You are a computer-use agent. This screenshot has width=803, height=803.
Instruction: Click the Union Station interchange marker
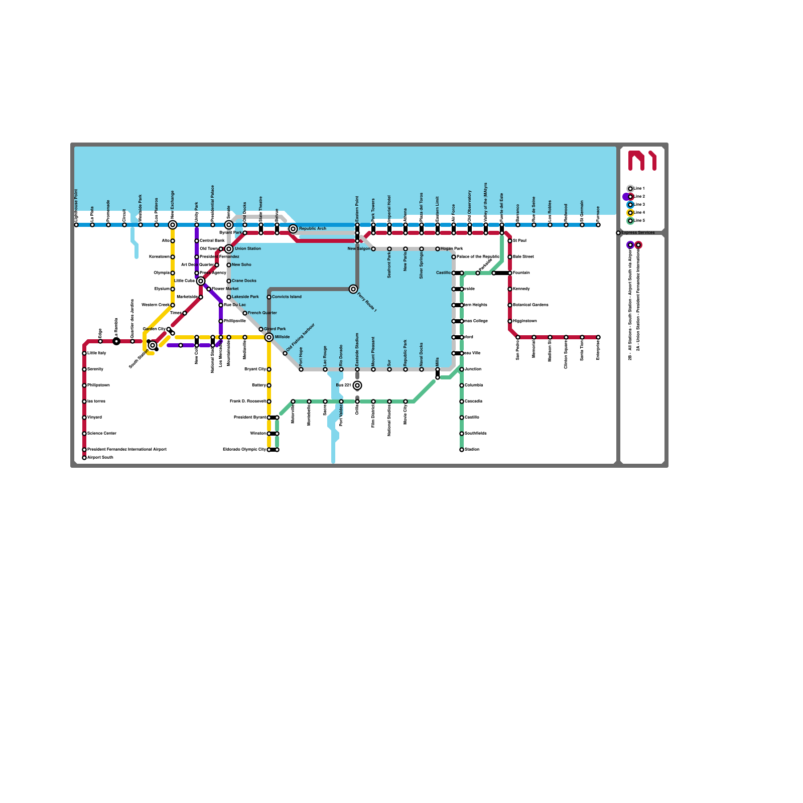pyautogui.click(x=229, y=249)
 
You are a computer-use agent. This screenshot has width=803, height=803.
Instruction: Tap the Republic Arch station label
pyautogui.click(x=312, y=229)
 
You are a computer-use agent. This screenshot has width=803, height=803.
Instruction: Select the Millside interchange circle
pyautogui.click(x=269, y=337)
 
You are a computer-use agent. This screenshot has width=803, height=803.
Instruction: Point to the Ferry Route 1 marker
pyautogui.click(x=353, y=289)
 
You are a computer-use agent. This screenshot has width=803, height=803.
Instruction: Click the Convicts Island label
pyautogui.click(x=287, y=297)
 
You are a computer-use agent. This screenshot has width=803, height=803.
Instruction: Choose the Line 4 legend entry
pyautogui.click(x=639, y=213)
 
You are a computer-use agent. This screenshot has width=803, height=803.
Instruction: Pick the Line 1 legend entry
pyautogui.click(x=639, y=189)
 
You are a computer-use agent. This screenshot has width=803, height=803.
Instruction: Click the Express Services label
pyautogui.click(x=638, y=233)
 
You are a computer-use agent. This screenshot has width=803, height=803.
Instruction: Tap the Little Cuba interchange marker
pyautogui.click(x=201, y=281)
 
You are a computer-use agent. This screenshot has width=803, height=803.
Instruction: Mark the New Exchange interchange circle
pyautogui.click(x=173, y=225)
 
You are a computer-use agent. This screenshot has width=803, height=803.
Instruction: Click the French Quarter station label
pyautogui.click(x=262, y=313)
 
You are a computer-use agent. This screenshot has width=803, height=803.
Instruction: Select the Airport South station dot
pyautogui.click(x=84, y=458)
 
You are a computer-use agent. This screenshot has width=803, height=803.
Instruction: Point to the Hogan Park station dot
pyautogui.click(x=438, y=249)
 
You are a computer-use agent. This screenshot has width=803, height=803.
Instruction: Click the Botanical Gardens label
pyautogui.click(x=530, y=305)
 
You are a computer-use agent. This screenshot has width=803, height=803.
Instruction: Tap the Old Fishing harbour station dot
pyautogui.click(x=285, y=353)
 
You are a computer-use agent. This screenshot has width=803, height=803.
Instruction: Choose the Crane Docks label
pyautogui.click(x=244, y=281)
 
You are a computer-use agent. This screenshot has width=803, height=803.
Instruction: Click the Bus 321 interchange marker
pyautogui.click(x=357, y=385)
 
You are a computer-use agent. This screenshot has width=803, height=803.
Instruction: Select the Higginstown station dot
pyautogui.click(x=510, y=321)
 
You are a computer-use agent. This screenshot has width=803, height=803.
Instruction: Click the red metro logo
pyautogui.click(x=642, y=161)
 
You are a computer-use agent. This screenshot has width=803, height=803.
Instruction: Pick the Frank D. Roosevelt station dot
pyautogui.click(x=269, y=401)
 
